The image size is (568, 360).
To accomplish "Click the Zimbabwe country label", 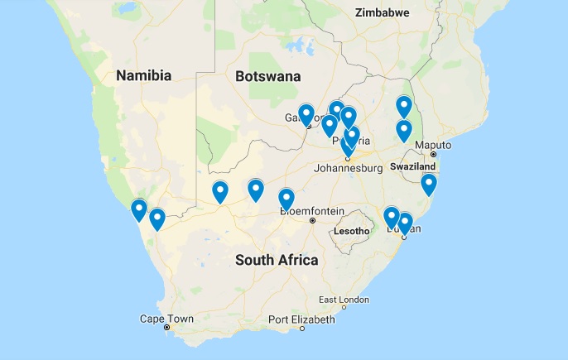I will tap(383, 12).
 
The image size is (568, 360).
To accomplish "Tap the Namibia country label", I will tap(143, 76).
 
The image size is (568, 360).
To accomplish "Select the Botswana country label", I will tap(267, 76).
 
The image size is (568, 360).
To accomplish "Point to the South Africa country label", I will tap(277, 260).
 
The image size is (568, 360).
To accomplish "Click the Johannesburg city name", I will tap(348, 169).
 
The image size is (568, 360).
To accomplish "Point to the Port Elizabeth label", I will tap(301, 319).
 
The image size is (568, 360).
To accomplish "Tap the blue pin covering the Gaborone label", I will tap(306, 114).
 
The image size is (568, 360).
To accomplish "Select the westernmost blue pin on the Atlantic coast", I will tap(139, 210).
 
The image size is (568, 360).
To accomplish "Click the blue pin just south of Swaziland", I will tap(428, 184).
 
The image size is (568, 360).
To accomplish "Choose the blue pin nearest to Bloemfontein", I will tap(286, 199).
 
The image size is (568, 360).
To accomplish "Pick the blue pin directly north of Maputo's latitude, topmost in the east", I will tap(403, 106).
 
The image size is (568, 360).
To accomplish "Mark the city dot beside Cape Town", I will tap(166, 328).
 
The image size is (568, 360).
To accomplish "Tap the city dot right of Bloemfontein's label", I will tap(312, 221).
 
